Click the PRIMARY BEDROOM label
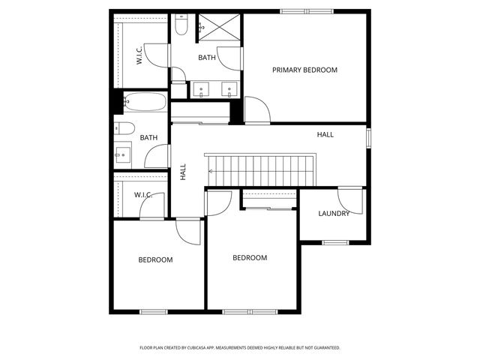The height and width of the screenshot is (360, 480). pyautogui.click(x=304, y=70)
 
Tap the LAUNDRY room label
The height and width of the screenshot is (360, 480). pyautogui.click(x=334, y=214)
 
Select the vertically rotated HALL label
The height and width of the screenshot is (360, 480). pyautogui.click(x=183, y=172)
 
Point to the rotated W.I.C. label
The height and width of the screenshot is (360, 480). pyautogui.click(x=139, y=57)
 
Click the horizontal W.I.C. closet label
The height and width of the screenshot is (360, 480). pyautogui.click(x=143, y=195)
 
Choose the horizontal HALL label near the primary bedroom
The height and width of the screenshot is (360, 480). pyautogui.click(x=325, y=134)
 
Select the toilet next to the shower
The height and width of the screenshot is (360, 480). pyautogui.click(x=181, y=27)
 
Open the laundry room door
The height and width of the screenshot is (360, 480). pyautogui.click(x=349, y=199)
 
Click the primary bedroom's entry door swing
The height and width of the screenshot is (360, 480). pyautogui.click(x=256, y=110)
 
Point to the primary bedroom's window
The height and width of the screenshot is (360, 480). pyautogui.click(x=306, y=10)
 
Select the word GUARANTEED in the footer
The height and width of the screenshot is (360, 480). pyautogui.click(x=324, y=348)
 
